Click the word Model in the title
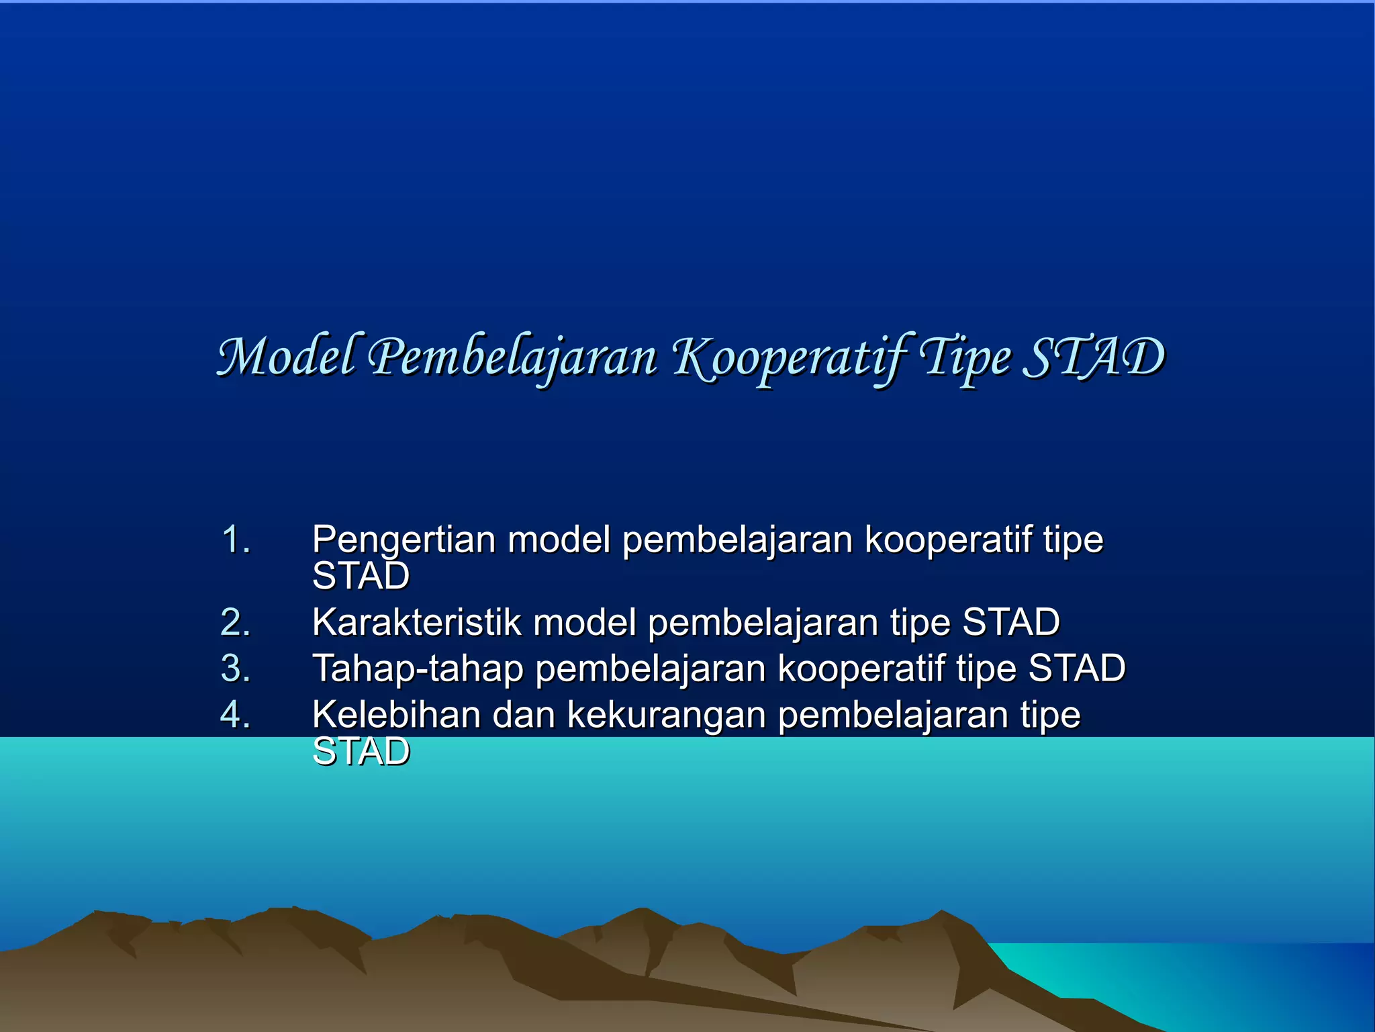285,357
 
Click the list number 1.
235,540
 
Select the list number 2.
235,622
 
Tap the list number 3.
235,669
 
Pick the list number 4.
235,714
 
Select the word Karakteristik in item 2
416,622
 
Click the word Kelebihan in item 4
396,714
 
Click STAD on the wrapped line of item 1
361,576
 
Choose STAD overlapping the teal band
361,752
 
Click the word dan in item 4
523,714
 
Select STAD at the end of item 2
1010,622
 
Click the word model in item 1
559,540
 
